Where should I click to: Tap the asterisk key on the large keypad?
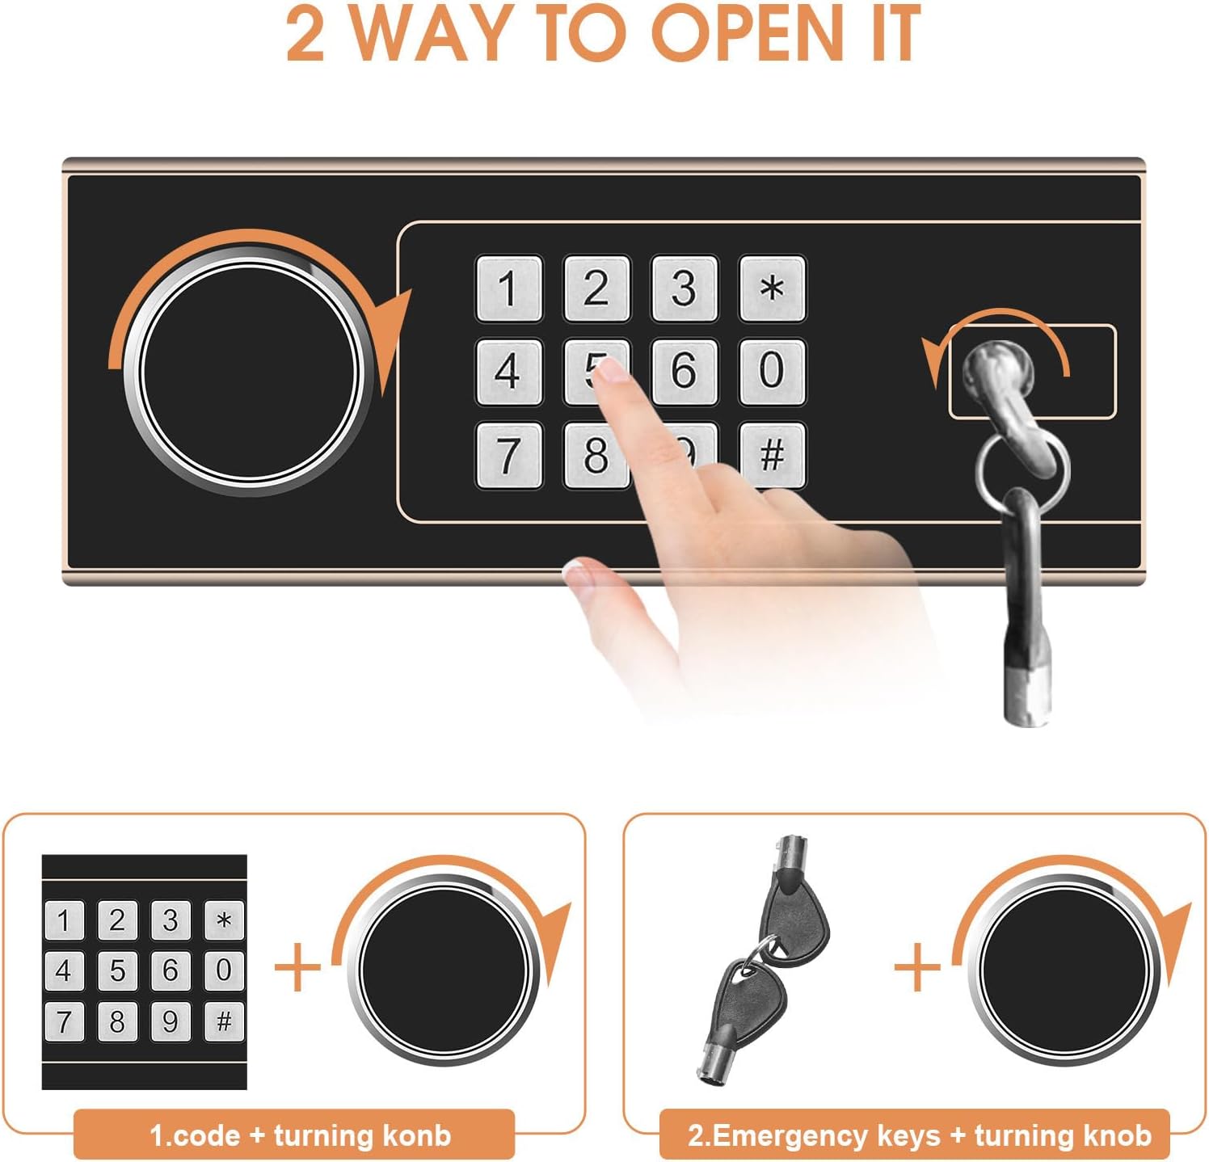pyautogui.click(x=772, y=288)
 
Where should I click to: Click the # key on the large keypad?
pyautogui.click(x=772, y=455)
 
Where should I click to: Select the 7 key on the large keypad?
pyautogui.click(x=508, y=455)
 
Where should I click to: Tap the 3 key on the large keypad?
pyautogui.click(x=685, y=288)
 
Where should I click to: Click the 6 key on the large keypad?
pyautogui.click(x=685, y=371)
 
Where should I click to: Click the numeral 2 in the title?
pyautogui.click(x=305, y=34)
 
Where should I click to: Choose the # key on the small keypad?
pyautogui.click(x=224, y=1021)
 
